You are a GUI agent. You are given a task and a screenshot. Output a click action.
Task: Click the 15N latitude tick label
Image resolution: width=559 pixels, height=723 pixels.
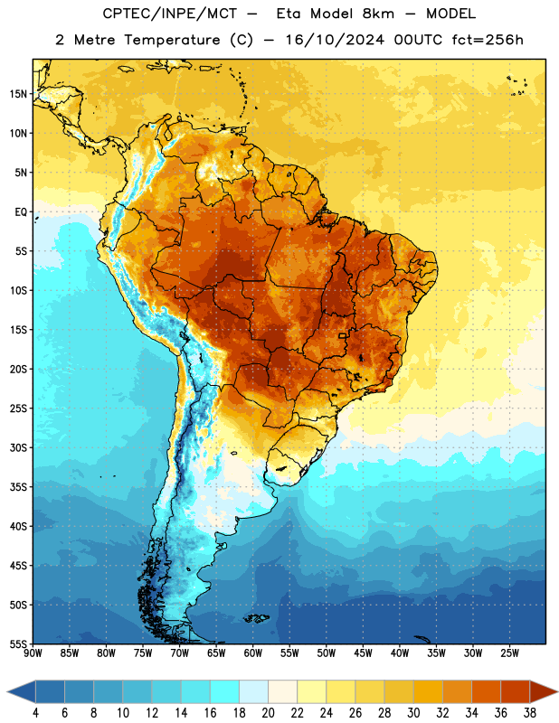tap(18, 94)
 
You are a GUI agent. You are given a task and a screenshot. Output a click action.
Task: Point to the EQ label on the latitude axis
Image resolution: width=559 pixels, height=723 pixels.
tap(21, 212)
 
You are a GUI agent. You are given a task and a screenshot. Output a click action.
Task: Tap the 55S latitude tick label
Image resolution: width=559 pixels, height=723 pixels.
tap(18, 644)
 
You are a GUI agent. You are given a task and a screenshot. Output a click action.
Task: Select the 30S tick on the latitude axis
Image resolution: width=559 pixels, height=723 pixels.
tap(18, 447)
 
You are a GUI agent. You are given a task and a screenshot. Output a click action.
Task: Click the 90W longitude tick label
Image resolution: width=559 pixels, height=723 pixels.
tap(33, 653)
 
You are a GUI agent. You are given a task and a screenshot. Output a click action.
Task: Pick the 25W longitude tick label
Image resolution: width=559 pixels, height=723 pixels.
tap(509, 653)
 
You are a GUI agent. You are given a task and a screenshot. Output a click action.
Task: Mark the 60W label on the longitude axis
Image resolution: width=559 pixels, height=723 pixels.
tap(253, 653)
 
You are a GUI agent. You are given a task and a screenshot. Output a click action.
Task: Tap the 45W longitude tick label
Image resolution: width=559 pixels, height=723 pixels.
tap(363, 653)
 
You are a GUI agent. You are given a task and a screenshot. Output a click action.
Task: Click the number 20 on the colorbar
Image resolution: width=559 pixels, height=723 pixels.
tap(268, 713)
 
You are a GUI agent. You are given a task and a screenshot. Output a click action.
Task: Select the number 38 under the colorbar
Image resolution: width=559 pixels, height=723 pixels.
tap(530, 713)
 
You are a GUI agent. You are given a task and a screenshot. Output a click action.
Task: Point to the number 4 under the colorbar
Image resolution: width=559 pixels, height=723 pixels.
tap(35, 713)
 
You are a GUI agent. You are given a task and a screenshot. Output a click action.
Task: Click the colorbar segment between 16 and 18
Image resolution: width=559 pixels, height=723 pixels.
tap(224, 691)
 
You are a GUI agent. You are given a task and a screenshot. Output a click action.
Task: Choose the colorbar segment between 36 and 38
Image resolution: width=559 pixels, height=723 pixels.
tap(516, 691)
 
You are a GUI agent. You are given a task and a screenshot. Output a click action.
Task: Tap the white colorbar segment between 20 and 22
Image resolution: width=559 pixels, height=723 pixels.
tap(282, 691)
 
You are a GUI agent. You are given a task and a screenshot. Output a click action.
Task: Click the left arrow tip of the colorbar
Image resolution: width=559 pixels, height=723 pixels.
tap(7, 691)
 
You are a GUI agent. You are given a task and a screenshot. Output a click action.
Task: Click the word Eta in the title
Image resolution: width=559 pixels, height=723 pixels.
tap(289, 14)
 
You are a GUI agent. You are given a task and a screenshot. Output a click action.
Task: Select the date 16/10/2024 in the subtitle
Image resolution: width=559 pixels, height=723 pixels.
tap(335, 40)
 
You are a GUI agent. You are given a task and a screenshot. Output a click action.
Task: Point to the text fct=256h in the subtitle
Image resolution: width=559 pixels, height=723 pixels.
tap(488, 40)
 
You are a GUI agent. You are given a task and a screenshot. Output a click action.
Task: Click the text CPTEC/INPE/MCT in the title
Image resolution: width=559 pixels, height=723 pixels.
tap(170, 14)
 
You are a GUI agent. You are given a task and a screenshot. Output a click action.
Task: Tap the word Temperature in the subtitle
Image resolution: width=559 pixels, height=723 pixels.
tap(172, 41)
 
